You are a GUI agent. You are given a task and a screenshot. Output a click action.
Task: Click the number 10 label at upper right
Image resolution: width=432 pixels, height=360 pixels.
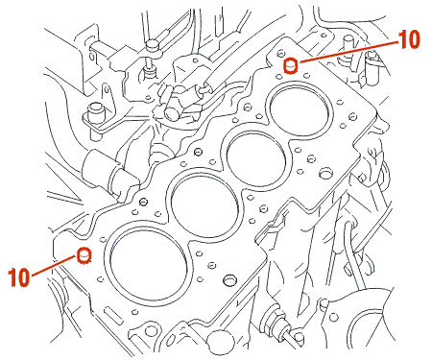(409, 39)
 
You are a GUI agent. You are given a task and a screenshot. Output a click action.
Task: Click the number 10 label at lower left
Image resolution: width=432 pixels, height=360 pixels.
(19, 277)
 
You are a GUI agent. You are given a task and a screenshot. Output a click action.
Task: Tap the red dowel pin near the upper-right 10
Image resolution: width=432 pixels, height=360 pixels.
(291, 65)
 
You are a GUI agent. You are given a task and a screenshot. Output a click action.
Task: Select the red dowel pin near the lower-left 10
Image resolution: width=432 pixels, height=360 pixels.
(84, 255)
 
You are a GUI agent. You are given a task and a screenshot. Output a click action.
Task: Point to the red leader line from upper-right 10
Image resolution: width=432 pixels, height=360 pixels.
(348, 52)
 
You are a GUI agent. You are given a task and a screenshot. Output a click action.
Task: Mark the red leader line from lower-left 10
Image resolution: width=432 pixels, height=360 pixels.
(54, 265)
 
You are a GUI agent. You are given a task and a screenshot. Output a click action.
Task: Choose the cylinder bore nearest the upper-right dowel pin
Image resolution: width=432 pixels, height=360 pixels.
(300, 109)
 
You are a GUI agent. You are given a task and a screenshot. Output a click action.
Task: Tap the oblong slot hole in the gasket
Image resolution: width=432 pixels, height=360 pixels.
(113, 314)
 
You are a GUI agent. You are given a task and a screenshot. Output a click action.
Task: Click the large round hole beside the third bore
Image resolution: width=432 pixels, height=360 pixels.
(325, 173)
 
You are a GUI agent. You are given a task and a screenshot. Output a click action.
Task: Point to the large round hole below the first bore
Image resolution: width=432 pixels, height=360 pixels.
(229, 279)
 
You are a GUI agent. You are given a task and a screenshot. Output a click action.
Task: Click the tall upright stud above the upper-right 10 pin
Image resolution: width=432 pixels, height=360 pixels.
(348, 48)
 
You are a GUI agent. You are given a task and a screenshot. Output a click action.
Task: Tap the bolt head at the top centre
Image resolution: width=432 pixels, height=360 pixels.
(153, 45)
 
